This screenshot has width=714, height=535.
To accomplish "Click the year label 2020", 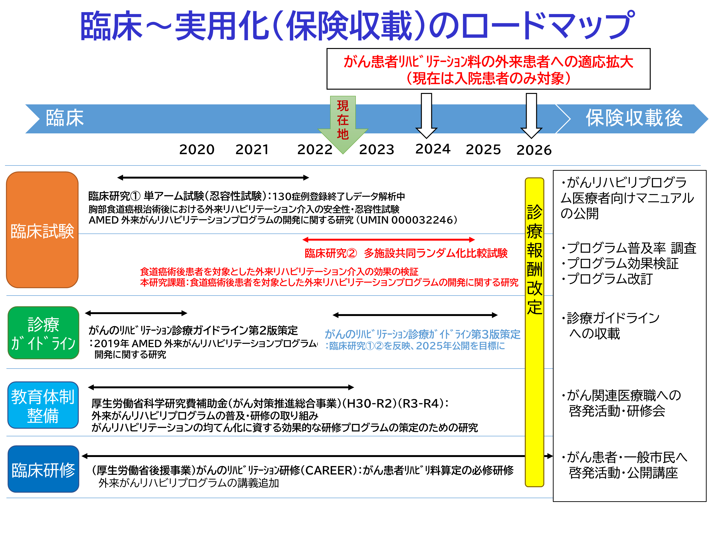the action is (x=197, y=149).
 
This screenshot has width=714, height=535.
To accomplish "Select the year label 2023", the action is (x=377, y=149).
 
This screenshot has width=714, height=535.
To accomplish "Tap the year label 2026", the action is (x=534, y=150).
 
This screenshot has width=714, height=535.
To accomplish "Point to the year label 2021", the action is (x=252, y=149).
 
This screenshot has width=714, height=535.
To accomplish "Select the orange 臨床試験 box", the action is (x=42, y=230).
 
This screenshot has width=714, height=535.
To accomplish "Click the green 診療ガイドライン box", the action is (x=43, y=332).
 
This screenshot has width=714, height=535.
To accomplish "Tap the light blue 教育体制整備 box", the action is (x=43, y=405).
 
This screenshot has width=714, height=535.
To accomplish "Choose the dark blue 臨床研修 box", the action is (x=43, y=469).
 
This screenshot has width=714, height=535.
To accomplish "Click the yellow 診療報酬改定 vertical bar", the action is (x=535, y=332).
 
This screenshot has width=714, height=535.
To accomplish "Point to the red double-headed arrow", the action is (x=389, y=240).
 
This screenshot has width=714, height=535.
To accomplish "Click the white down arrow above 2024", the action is (x=426, y=116).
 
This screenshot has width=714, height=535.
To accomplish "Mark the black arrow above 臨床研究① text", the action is (x=213, y=177).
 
